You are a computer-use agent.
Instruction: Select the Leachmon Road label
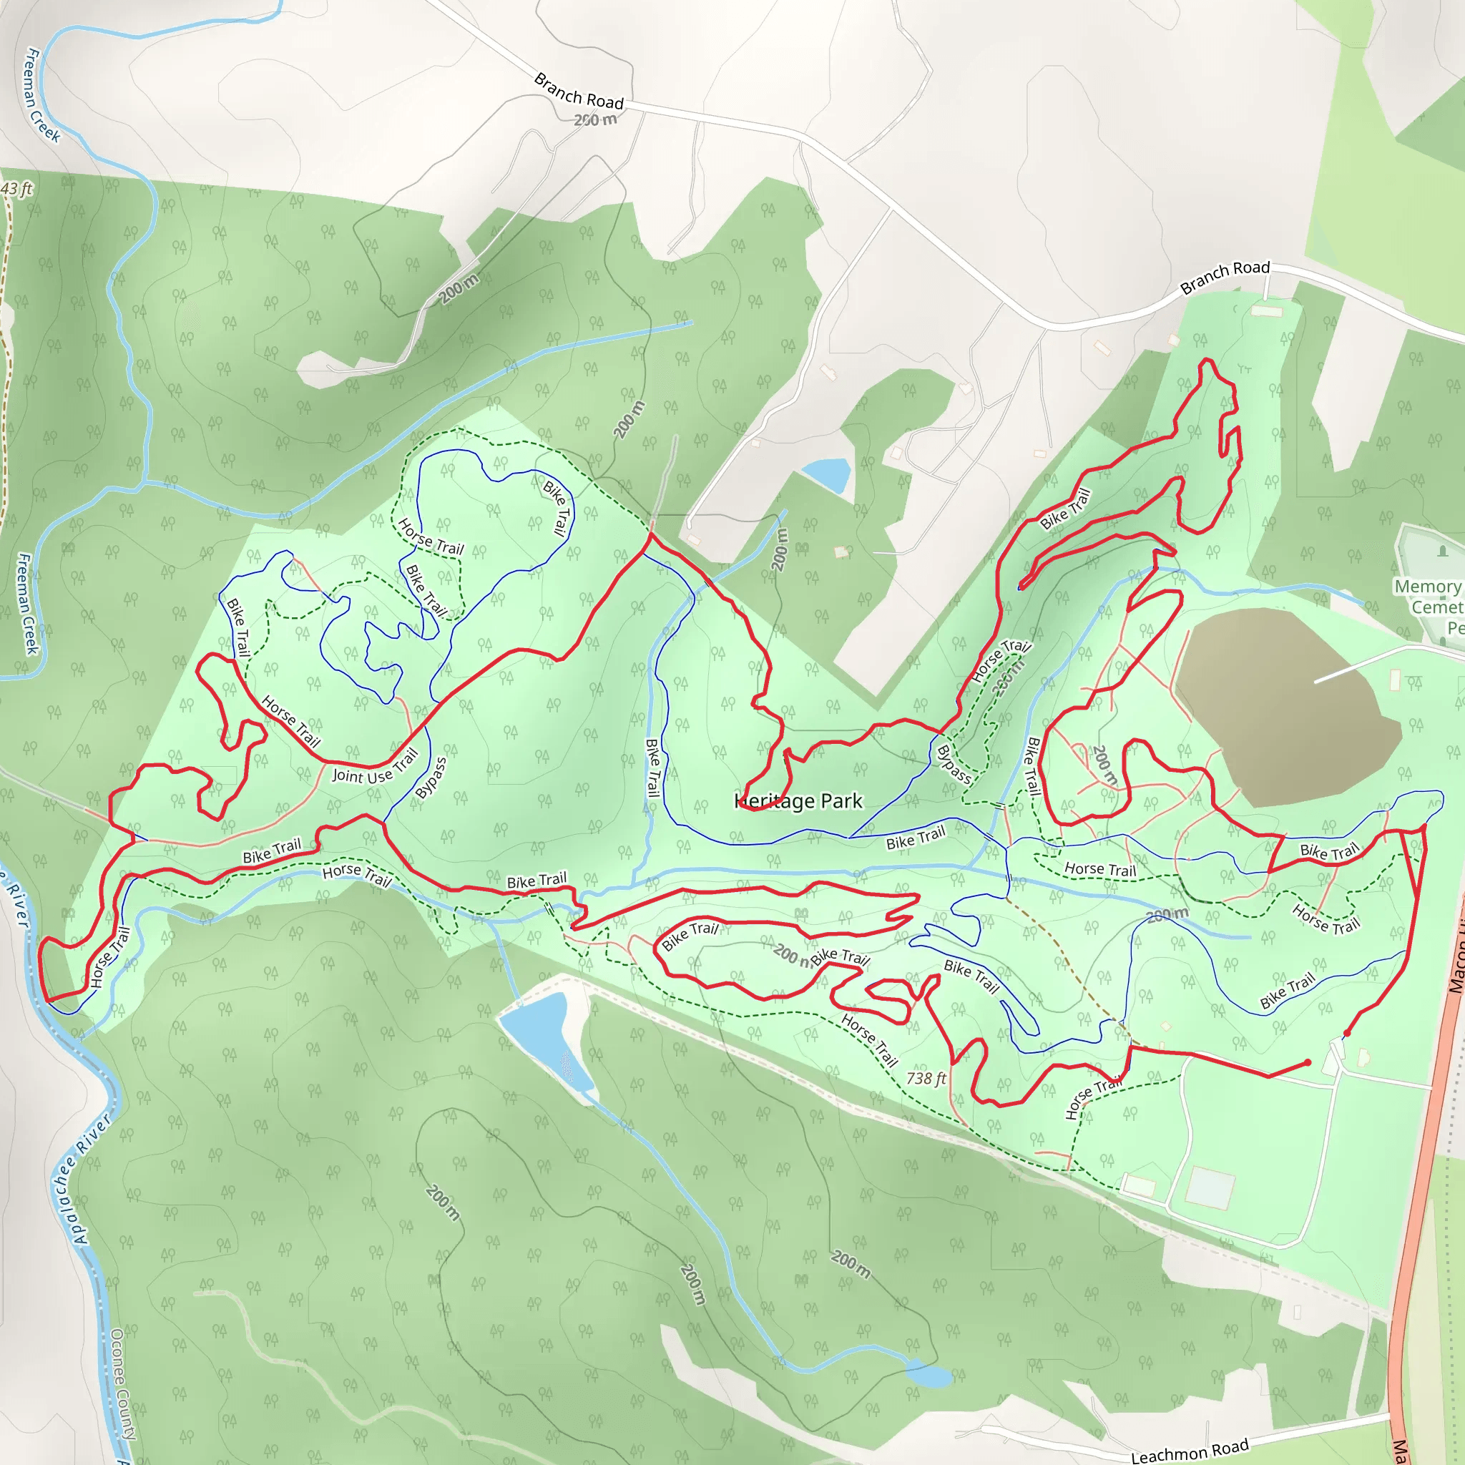point(1189,1449)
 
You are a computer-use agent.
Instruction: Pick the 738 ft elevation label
point(926,1077)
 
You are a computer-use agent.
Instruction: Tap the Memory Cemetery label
point(1429,606)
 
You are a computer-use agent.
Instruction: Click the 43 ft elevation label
point(16,188)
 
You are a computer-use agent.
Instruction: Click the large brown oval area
point(1281,705)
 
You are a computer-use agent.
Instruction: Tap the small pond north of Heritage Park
point(828,474)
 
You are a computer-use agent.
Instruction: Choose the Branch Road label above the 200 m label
point(579,91)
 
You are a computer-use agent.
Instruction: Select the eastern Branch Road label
point(1225,277)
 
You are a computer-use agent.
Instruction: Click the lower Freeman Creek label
point(26,603)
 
